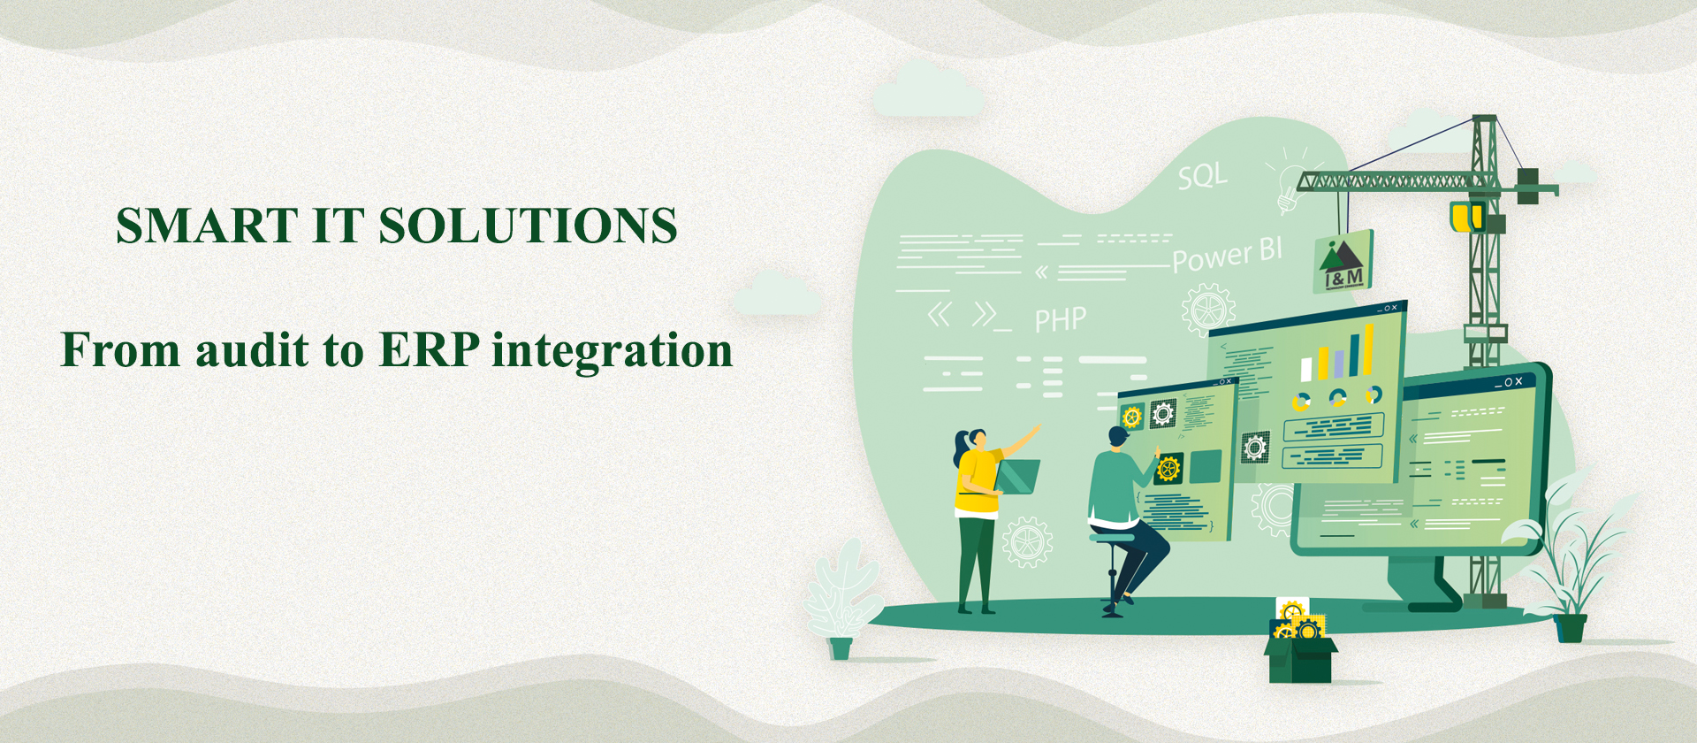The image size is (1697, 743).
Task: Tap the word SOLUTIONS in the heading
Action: click(529, 226)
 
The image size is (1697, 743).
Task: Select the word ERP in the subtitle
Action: click(430, 349)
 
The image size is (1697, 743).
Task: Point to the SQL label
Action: click(1203, 176)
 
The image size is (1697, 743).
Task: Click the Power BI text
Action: click(1228, 255)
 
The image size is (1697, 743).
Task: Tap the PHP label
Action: click(1061, 319)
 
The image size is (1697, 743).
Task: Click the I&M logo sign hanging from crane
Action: click(1344, 262)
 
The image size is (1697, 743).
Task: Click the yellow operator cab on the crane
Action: click(1467, 217)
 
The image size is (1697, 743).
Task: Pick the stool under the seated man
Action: click(1112, 571)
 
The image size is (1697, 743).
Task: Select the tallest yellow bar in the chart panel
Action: click(1368, 349)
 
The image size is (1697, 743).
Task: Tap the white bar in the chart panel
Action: click(1307, 369)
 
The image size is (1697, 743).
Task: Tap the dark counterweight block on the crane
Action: click(1528, 186)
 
